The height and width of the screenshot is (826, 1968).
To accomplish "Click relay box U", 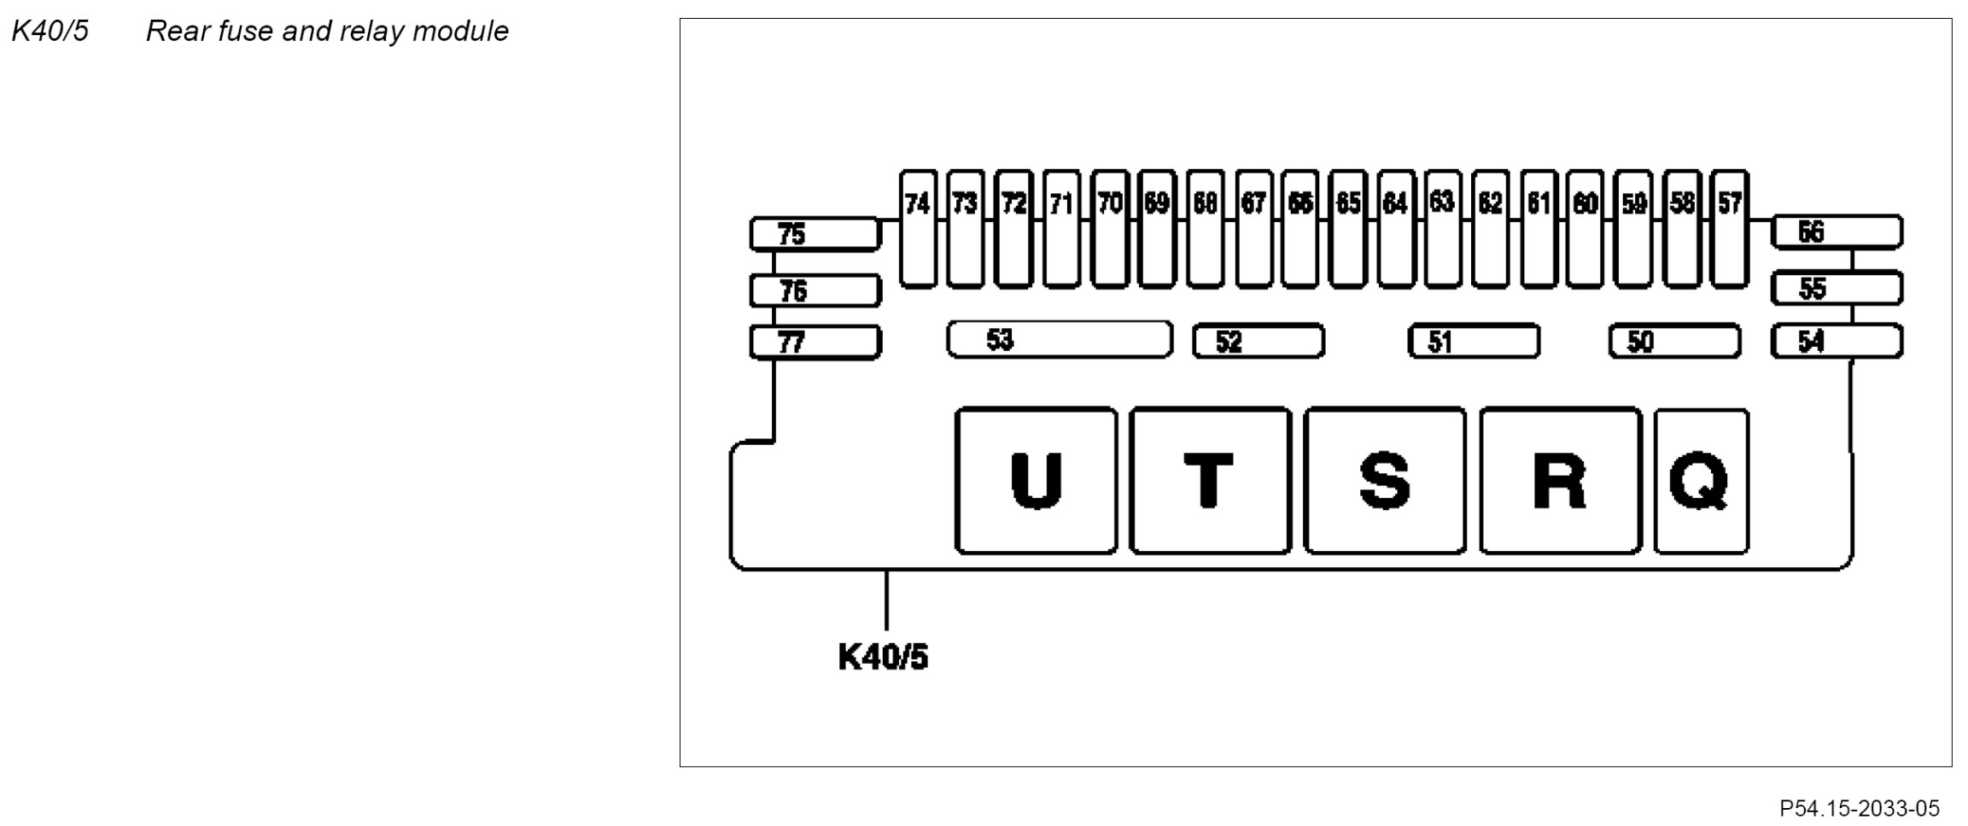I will (x=1035, y=481).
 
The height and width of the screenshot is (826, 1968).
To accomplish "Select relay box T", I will (x=1210, y=481).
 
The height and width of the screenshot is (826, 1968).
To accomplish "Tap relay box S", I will (x=1384, y=481).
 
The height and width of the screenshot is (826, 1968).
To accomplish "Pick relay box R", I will (x=1560, y=481).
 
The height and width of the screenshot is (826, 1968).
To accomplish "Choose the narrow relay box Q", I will (x=1701, y=481).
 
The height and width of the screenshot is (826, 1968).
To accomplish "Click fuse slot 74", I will (x=918, y=229).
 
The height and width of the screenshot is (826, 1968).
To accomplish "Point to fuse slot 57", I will (x=1730, y=229).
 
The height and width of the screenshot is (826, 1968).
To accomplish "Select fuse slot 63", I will (x=1442, y=229).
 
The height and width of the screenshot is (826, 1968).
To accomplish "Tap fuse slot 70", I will (x=1110, y=229).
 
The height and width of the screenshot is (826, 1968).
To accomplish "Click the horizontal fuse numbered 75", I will (x=815, y=234).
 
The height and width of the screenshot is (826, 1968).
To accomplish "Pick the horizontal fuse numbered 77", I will (x=815, y=343).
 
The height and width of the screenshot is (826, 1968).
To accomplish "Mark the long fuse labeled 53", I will (x=1059, y=340).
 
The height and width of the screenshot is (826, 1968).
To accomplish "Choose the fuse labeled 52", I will (x=1258, y=342).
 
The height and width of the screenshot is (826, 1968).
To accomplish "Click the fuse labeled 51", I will (x=1473, y=342).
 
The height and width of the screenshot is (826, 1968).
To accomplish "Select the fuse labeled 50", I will (x=1674, y=342).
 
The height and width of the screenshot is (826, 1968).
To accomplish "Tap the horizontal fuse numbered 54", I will (x=1837, y=342).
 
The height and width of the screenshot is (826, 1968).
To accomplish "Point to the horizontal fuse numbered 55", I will (x=1837, y=289).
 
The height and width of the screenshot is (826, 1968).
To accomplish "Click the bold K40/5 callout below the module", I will (x=883, y=658).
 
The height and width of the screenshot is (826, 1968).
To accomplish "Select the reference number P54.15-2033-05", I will (x=1859, y=808).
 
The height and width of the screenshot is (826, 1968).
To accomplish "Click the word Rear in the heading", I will (x=178, y=32).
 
